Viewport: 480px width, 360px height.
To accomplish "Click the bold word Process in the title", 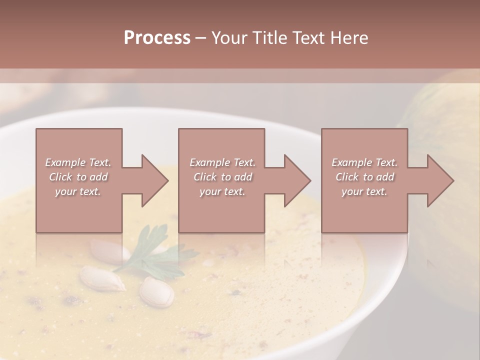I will tap(157, 38).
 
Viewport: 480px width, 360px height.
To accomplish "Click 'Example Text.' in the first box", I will tap(78, 162).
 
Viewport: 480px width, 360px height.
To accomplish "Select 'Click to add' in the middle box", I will tap(222, 177).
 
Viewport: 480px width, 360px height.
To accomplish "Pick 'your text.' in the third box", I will tap(364, 192).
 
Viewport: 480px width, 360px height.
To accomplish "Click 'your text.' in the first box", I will tap(78, 192).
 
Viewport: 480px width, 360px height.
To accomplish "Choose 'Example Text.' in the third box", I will tap(364, 162).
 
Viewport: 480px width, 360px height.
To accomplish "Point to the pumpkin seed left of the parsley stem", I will tap(103, 278).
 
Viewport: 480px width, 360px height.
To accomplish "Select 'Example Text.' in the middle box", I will tap(222, 162).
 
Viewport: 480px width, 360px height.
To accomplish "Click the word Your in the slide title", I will tap(229, 38).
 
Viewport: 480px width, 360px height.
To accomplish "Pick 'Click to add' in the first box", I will tap(78, 177).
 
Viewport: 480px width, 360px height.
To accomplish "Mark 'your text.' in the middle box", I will tap(222, 192).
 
